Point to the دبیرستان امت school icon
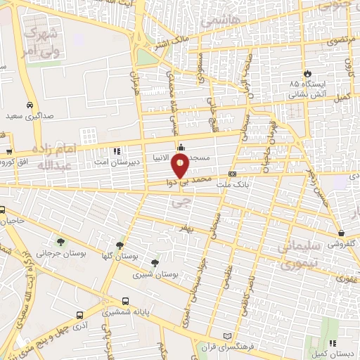tap(117, 150)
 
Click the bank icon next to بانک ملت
tap(232, 174)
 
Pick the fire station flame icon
tap(307, 72)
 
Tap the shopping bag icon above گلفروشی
tap(341, 233)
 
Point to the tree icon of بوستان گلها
tap(120, 245)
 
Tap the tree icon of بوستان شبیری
tap(155, 263)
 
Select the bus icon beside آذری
tap(79, 315)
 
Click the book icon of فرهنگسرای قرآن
tap(226, 335)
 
